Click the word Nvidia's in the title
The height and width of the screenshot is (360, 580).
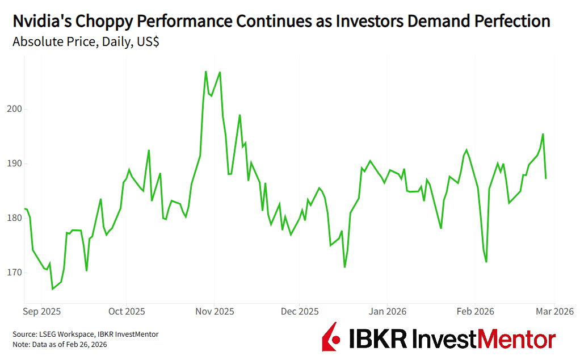click(x=40, y=22)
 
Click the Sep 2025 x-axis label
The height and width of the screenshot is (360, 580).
click(x=41, y=311)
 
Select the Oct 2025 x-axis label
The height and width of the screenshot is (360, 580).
click(x=127, y=311)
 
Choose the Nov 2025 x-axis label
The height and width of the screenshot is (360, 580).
click(x=215, y=311)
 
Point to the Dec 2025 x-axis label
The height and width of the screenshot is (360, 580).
click(x=300, y=311)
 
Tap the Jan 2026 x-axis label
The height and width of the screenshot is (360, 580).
click(x=388, y=311)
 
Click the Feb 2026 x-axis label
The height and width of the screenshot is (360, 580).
click(x=475, y=311)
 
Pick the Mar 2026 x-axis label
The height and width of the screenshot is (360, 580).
click(x=554, y=311)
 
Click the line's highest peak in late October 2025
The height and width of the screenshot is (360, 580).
click(x=206, y=72)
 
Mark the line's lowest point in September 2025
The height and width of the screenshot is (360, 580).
click(x=52, y=289)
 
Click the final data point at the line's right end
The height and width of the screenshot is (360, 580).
click(x=546, y=178)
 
